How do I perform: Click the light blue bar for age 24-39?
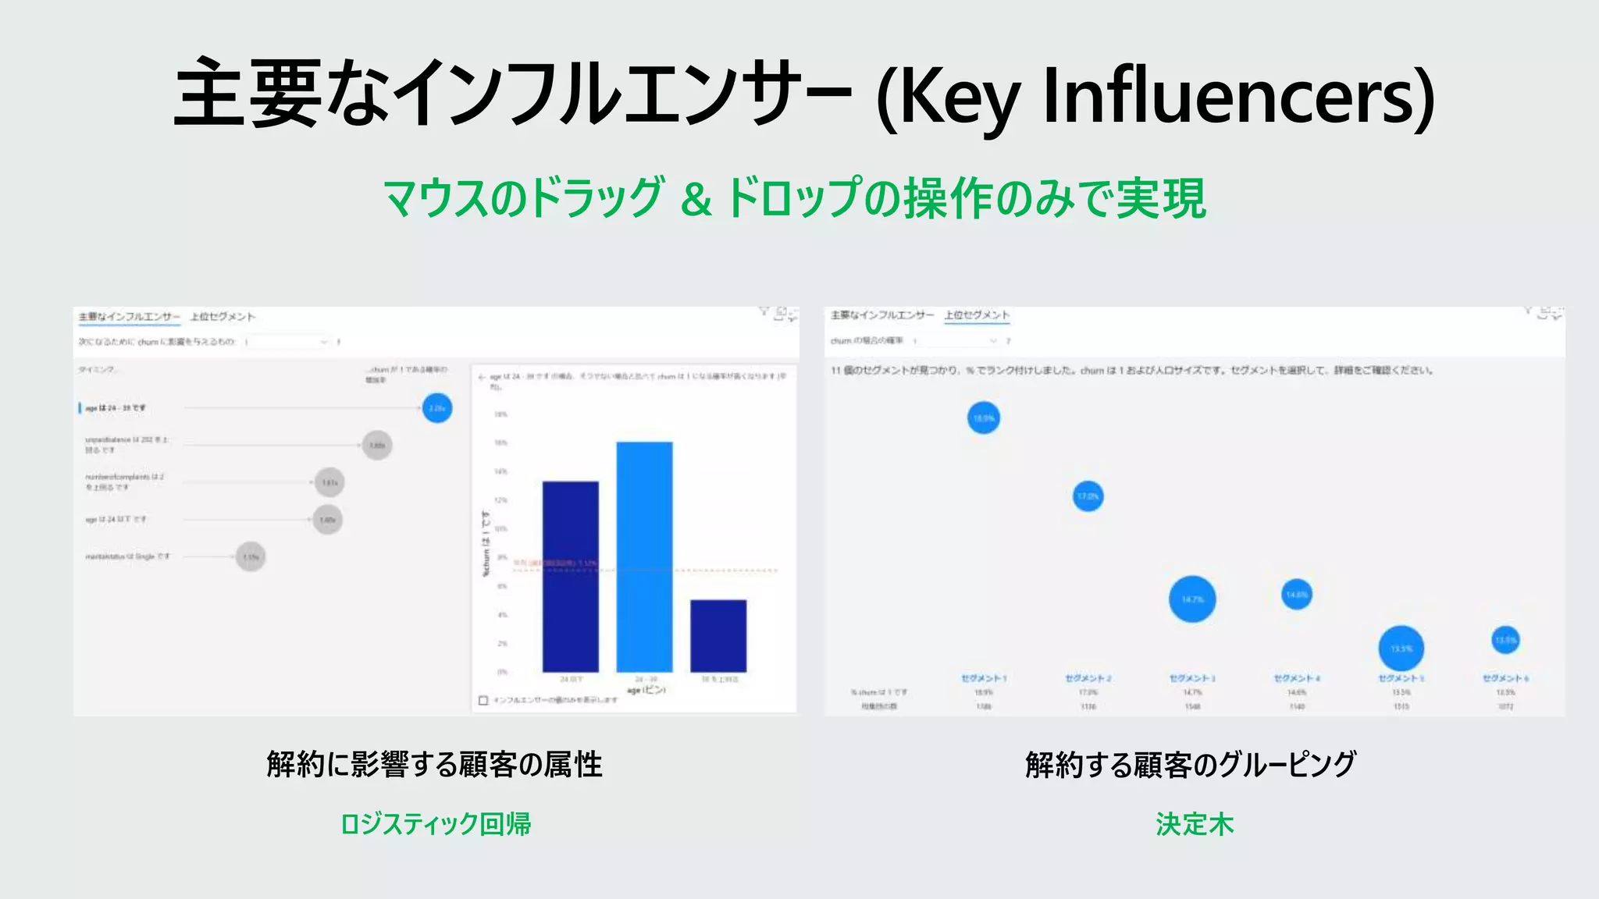[644, 556]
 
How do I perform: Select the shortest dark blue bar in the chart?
[718, 635]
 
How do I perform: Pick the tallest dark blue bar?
[571, 576]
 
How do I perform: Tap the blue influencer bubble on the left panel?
[437, 408]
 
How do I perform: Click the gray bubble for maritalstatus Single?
[251, 556]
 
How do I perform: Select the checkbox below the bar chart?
[483, 700]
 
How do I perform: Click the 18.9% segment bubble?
[984, 418]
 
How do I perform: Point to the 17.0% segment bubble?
[1088, 496]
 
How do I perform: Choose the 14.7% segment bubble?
[1192, 599]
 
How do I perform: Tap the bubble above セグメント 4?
[1297, 595]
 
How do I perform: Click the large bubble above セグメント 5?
[1401, 648]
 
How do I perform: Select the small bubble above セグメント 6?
[1505, 641]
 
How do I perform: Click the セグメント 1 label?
[984, 678]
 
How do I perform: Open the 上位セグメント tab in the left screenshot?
[223, 317]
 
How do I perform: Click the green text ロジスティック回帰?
[436, 824]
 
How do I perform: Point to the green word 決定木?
[1195, 824]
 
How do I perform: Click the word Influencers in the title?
[1238, 98]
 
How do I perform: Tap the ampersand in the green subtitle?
[696, 200]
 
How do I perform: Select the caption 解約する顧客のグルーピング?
[1191, 765]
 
